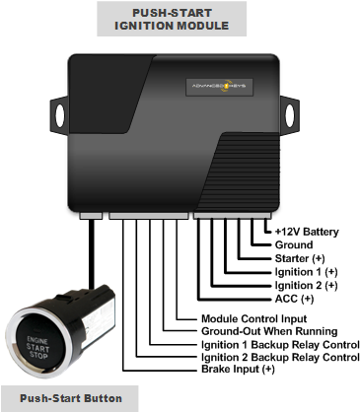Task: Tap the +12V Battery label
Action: pyautogui.click(x=307, y=232)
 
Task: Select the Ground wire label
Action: pyautogui.click(x=293, y=245)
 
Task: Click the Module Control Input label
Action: pyautogui.click(x=252, y=319)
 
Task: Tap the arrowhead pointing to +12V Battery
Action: pyautogui.click(x=267, y=232)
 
